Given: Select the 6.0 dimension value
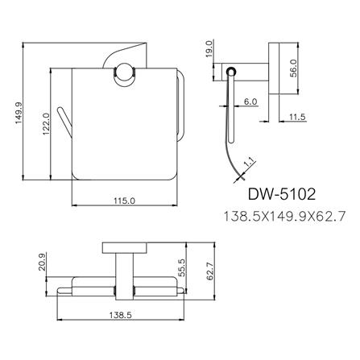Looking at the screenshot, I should (250, 102).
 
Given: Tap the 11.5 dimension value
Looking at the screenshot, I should (297, 118).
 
